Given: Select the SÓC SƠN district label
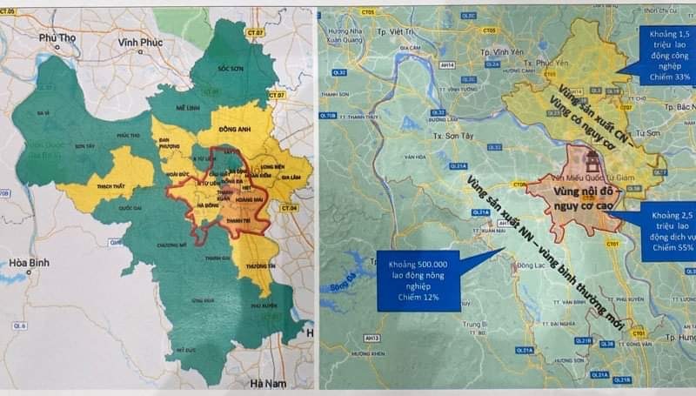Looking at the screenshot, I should click(230, 66).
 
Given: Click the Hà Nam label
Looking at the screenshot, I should click(266, 384).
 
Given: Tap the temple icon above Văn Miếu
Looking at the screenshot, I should click(595, 161).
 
